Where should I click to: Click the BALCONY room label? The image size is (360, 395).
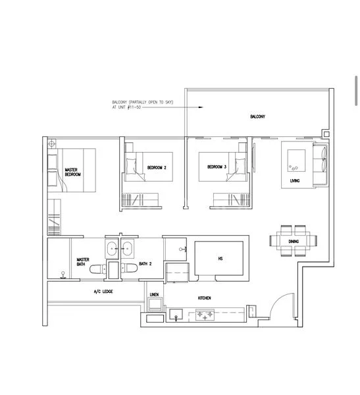tap(257, 117)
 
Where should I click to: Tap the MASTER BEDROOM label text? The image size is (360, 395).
tap(72, 172)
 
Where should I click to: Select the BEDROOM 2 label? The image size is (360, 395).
tap(157, 168)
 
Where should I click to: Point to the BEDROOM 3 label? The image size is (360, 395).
tap(217, 167)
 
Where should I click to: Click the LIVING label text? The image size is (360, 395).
tap(296, 180)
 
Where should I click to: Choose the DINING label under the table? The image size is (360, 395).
tap(293, 242)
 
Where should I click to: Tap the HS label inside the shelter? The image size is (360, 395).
tap(220, 259)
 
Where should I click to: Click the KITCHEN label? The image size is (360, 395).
tap(205, 298)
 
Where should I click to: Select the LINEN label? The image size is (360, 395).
tap(154, 294)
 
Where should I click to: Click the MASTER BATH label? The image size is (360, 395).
tap(83, 262)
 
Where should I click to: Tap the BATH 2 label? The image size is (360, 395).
tap(145, 264)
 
